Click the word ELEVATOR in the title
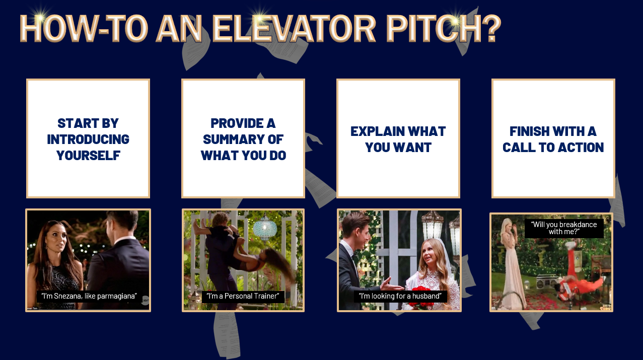point(294,28)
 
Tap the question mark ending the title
point(491,28)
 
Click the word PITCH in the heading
point(434,28)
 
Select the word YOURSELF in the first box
point(88,155)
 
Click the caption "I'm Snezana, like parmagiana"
point(89,296)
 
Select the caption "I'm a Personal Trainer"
point(243,296)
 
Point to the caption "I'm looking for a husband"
point(400,296)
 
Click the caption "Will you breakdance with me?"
point(564,228)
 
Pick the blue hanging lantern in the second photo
point(265,229)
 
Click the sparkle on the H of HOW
point(40,18)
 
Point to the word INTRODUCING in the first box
point(88,139)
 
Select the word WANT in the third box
point(412,147)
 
